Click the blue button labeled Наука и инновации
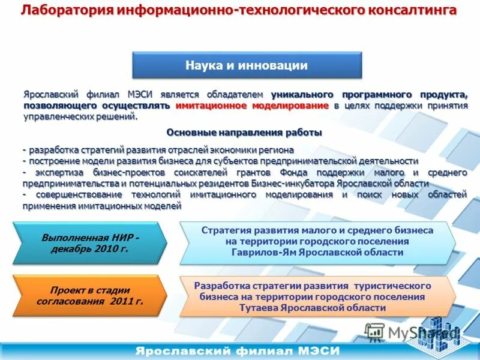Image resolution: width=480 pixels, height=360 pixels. (x=247, y=65)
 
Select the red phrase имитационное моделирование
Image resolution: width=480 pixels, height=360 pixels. (x=252, y=106)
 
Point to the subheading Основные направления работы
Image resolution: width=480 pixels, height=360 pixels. (x=244, y=132)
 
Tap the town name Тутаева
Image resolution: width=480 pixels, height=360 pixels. (x=261, y=307)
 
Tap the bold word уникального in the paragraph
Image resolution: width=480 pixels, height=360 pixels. (x=302, y=95)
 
